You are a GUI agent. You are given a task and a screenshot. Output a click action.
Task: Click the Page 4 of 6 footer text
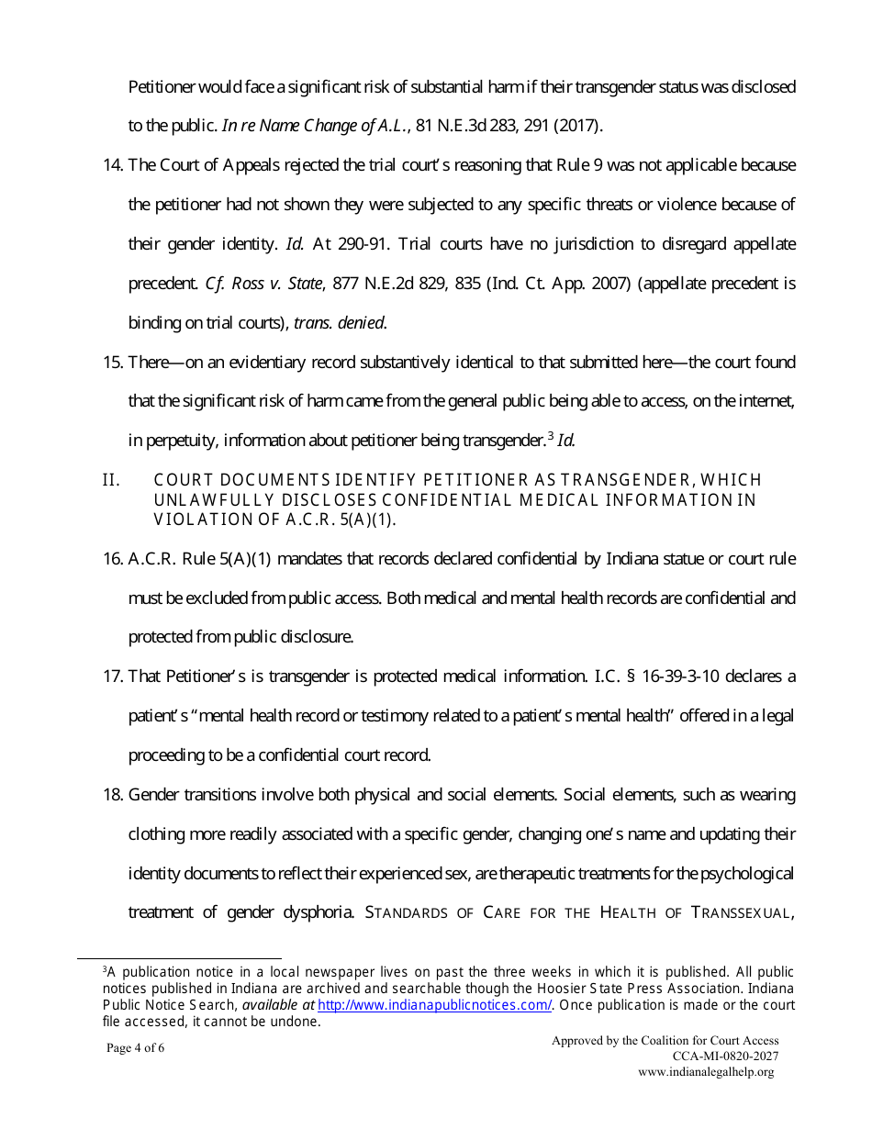[136, 1048]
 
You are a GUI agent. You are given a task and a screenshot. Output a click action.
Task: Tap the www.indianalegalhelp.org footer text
[706, 1072]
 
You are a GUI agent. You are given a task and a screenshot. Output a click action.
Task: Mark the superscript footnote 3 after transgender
[550, 436]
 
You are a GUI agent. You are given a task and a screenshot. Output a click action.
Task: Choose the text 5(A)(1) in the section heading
[367, 519]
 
